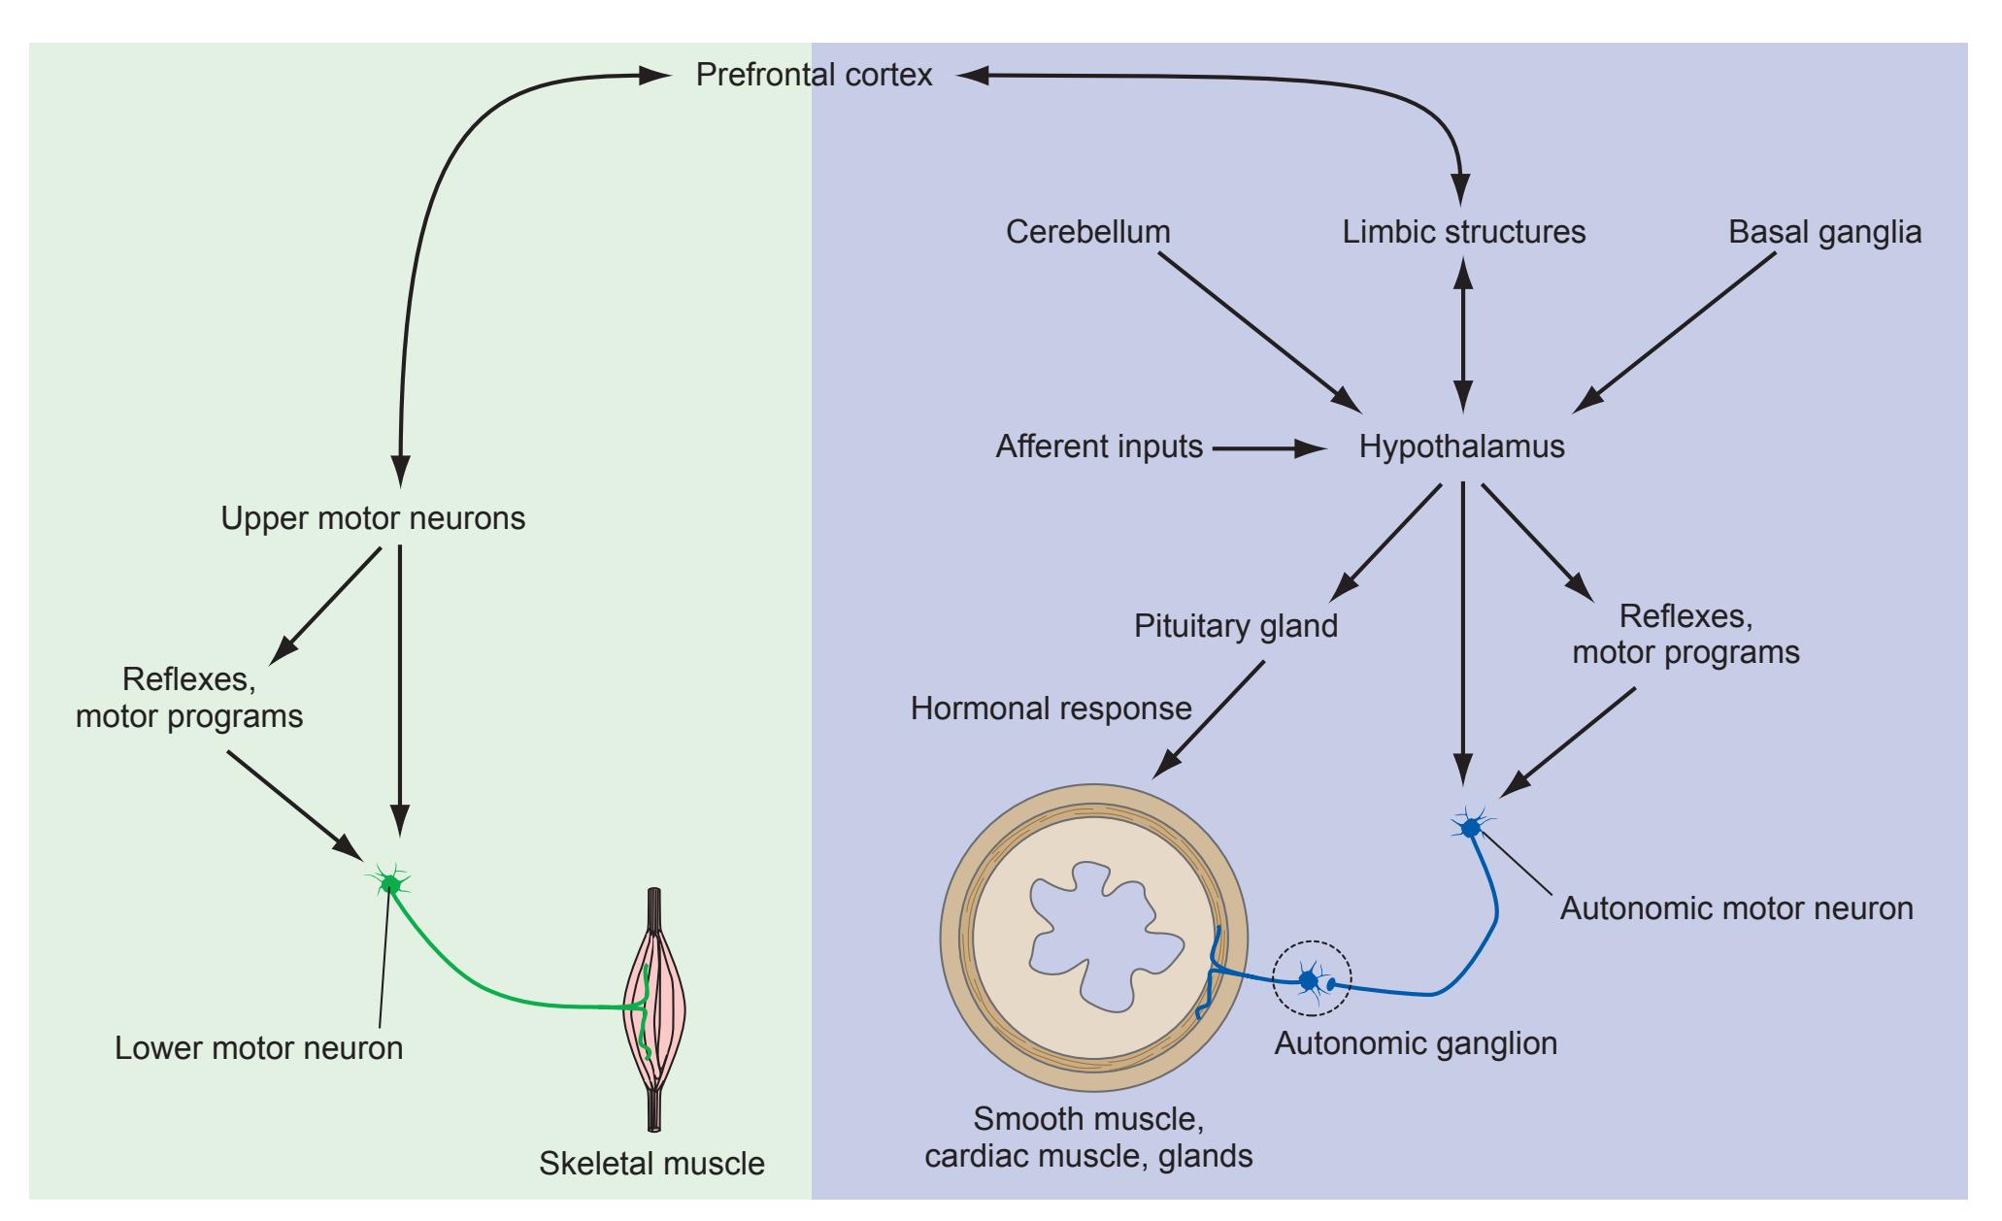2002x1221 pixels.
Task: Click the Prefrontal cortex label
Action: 814,75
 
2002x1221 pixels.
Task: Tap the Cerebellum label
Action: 1087,232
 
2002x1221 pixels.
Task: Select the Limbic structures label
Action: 1464,232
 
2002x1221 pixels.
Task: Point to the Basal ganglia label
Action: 1824,233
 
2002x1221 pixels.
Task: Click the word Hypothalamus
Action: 1461,446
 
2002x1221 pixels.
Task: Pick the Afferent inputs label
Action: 1099,446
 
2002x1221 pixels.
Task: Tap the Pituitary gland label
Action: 1235,625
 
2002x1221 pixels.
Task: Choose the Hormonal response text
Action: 1051,709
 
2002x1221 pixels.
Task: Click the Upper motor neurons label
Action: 373,518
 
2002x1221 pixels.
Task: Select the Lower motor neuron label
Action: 258,1048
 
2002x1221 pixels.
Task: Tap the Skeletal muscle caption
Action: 651,1163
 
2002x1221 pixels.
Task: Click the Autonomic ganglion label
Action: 1415,1043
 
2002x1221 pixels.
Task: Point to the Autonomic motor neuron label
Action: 1736,908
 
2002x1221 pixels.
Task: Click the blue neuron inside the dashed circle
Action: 1309,980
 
